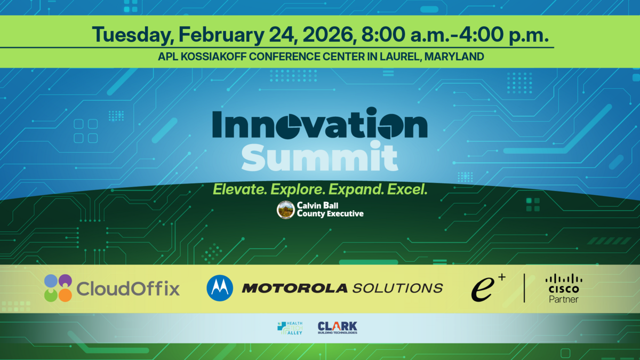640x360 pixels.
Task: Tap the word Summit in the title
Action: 320,158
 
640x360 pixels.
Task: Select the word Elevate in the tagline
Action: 239,189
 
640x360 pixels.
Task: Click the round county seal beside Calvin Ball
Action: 286,210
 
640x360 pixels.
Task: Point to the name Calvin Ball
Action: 321,205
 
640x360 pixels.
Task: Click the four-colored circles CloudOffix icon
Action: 58,288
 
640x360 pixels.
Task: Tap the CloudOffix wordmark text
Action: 128,289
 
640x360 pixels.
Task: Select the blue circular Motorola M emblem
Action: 220,288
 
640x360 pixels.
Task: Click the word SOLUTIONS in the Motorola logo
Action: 397,289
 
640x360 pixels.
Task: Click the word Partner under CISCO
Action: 564,300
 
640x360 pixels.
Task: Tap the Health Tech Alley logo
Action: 290,328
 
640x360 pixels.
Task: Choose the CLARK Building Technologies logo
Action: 337,327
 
